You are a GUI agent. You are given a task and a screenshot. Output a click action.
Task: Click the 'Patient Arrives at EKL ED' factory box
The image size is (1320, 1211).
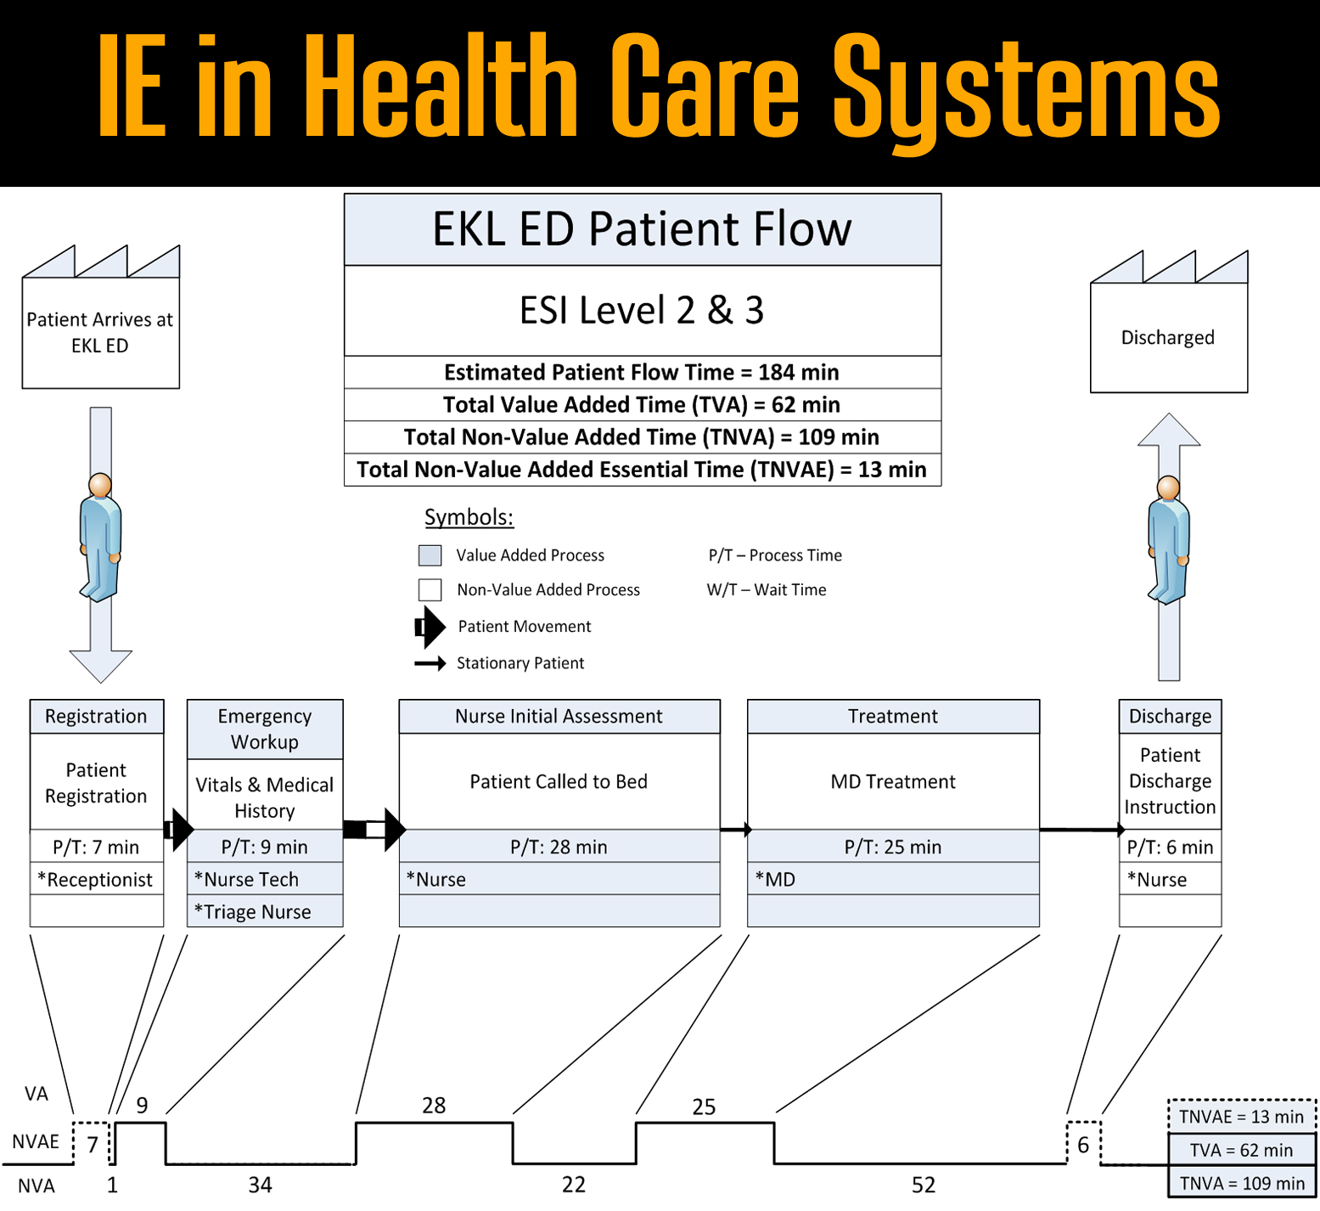(100, 332)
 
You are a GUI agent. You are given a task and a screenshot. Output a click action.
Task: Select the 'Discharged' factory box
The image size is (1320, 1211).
(1168, 337)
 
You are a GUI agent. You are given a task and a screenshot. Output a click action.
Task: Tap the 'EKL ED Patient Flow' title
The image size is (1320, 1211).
(642, 229)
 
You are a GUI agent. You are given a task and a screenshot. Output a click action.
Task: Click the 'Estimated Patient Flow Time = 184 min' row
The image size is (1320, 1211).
(642, 372)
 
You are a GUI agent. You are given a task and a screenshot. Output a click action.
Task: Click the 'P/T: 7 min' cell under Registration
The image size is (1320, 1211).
(96, 847)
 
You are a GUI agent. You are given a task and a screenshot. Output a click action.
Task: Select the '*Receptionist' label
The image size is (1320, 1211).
(96, 880)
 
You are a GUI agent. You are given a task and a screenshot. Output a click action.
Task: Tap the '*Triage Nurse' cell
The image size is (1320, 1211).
(264, 911)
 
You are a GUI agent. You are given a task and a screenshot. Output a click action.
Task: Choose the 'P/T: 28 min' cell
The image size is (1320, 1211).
(559, 847)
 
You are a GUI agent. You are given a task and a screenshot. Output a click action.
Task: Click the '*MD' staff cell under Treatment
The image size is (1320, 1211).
(892, 879)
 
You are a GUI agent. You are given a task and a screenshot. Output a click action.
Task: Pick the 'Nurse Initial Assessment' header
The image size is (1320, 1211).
(559, 716)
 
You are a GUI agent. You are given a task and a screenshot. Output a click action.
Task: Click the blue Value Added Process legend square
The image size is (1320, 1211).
(430, 555)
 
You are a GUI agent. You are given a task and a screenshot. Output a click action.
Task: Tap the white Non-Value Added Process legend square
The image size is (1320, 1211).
(430, 589)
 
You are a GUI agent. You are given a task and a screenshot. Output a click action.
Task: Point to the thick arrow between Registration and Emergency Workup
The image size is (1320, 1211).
(178, 829)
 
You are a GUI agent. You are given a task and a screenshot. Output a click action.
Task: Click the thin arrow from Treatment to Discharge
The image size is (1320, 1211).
(1080, 830)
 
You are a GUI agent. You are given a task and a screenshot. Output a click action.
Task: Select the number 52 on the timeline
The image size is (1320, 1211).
(924, 1185)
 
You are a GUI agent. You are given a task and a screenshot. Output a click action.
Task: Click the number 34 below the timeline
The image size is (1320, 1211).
(260, 1185)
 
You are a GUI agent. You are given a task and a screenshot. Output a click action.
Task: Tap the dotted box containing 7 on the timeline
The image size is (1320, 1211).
(92, 1143)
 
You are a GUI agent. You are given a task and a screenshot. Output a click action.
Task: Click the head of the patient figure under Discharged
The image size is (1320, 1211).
(1169, 487)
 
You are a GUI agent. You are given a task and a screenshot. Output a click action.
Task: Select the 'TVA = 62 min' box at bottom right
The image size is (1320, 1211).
(1241, 1150)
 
